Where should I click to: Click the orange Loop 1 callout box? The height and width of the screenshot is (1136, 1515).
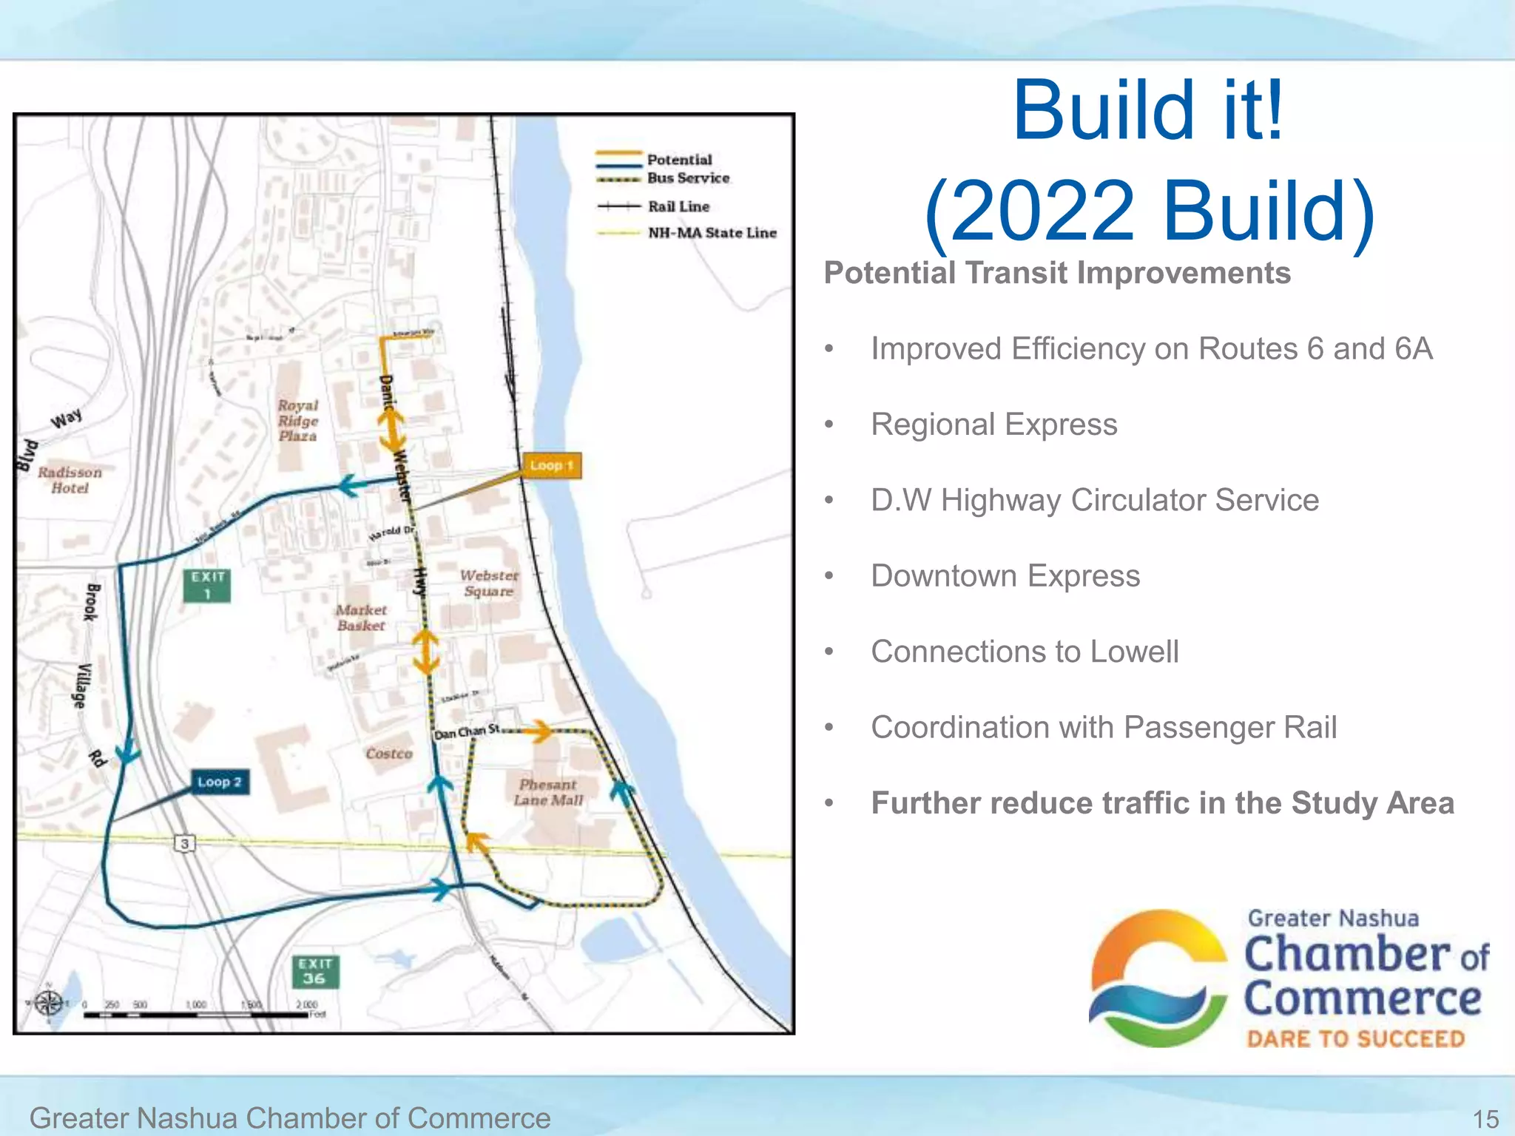tap(551, 466)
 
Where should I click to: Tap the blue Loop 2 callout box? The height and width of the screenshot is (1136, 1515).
tap(219, 782)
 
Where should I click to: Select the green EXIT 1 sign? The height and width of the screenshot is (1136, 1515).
tap(207, 585)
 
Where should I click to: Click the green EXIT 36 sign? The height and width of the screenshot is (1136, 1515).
tap(315, 971)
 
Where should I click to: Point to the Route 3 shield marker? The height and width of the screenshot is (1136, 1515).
tap(185, 843)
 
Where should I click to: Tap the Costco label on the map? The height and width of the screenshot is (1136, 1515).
tap(388, 754)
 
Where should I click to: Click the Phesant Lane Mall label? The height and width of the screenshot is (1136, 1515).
tap(548, 792)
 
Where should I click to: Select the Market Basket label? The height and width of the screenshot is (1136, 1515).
tap(361, 618)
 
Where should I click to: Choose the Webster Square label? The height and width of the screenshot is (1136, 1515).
tap(489, 583)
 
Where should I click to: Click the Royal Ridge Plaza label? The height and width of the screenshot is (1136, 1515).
tap(298, 421)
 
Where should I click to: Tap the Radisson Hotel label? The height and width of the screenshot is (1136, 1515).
tap(70, 480)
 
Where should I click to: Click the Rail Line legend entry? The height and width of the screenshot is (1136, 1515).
tap(678, 206)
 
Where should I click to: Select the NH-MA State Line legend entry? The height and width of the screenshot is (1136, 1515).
tap(712, 233)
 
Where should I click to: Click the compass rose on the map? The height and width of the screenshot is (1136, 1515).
tap(49, 1004)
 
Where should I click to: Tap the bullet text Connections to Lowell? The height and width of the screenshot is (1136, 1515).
tap(1025, 652)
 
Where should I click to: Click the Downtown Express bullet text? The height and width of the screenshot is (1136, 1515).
tap(1005, 576)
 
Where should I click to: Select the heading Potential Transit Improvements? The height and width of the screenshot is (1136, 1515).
tap(1057, 273)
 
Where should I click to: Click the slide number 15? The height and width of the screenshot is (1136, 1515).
tap(1485, 1119)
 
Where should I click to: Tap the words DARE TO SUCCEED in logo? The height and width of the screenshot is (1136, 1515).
tap(1355, 1039)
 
